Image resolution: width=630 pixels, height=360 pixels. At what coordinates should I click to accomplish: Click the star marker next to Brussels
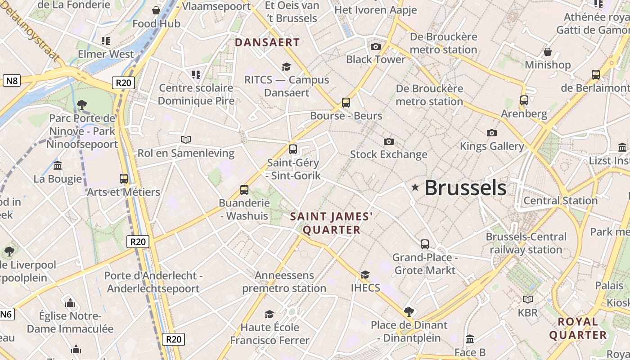point(415,187)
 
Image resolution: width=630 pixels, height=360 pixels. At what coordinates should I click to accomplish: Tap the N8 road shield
point(11,81)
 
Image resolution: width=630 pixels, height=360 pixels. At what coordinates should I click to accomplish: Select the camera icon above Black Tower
point(376,46)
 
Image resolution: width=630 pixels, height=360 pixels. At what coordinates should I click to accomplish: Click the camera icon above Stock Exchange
point(389,142)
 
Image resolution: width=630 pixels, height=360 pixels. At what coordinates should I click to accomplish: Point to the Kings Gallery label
point(492,146)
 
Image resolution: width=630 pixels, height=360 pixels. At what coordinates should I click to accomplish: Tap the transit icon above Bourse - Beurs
point(346,103)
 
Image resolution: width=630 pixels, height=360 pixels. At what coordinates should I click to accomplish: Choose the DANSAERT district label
point(267,43)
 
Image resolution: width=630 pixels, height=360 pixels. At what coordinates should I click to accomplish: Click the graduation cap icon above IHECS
point(365,274)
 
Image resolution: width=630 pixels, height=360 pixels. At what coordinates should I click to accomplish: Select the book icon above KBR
point(528,299)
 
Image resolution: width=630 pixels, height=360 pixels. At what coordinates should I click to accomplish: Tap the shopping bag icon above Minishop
point(548,52)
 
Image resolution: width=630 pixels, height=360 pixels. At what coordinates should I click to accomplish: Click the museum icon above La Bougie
point(58,166)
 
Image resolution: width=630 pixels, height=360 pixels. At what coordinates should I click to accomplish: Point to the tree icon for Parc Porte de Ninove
point(82,105)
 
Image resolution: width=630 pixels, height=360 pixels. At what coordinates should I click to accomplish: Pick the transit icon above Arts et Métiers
point(124,179)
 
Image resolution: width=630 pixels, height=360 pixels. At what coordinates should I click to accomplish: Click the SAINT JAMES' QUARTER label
point(332,223)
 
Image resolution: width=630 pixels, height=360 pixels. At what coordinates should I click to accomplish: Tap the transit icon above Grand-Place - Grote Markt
point(425,244)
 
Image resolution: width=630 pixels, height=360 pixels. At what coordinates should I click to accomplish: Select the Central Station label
point(560,201)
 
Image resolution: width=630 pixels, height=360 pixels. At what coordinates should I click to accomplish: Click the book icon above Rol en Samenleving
point(186,140)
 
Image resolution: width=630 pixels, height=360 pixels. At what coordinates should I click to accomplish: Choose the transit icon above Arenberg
point(524,100)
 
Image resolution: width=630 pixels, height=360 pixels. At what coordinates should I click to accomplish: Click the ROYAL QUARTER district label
point(578,328)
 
